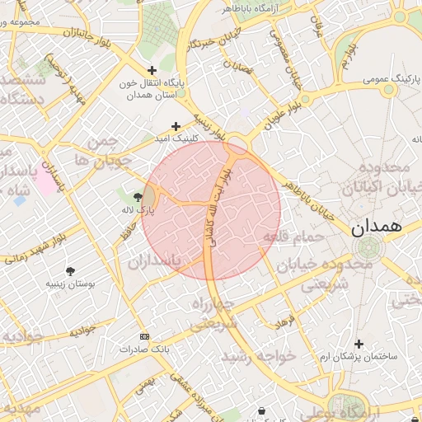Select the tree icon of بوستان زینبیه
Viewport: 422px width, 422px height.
[70, 270]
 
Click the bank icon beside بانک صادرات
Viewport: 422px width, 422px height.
[145, 336]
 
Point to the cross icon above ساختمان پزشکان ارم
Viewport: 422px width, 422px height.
[359, 344]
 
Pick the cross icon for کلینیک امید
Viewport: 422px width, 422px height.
[176, 126]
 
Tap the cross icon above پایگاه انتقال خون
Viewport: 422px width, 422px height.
[151, 71]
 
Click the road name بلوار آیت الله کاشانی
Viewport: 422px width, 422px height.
[217, 206]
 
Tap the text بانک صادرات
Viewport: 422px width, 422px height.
[143, 349]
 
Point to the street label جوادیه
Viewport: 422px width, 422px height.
[82, 330]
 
